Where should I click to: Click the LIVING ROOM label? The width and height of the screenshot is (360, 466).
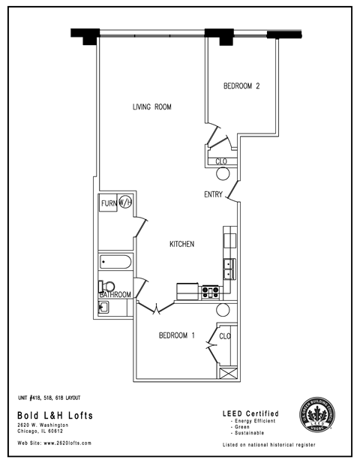152,107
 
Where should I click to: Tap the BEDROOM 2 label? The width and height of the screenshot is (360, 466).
241,86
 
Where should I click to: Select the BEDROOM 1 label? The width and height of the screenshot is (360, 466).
177,335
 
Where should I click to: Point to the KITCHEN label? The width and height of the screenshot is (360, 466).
182,245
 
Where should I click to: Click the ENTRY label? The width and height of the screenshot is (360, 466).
213,195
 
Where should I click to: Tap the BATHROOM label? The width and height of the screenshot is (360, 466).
116,295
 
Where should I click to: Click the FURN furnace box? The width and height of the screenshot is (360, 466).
108,203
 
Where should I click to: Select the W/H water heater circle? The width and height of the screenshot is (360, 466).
125,202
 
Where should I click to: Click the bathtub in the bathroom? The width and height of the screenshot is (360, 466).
116,263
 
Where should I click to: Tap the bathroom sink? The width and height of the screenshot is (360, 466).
104,307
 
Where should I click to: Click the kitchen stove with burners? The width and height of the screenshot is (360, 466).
209,291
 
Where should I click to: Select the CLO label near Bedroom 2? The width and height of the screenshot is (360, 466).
221,161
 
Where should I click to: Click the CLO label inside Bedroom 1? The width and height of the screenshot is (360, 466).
225,335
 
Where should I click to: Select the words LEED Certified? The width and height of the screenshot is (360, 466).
250,413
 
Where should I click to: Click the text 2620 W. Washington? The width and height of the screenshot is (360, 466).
43,425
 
